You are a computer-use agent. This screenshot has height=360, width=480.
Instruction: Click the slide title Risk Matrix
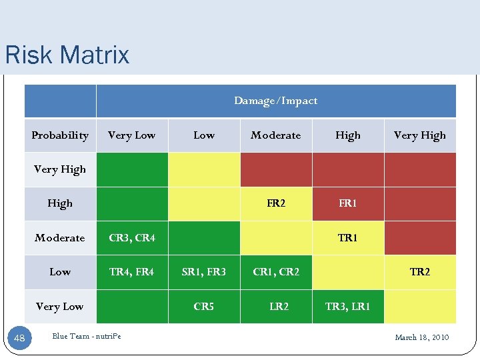67,55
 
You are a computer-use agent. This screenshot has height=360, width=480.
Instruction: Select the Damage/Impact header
275,101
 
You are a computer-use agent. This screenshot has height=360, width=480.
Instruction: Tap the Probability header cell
60,135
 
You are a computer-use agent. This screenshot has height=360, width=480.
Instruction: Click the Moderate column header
275,135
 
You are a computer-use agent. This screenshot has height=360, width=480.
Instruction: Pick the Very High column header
419,135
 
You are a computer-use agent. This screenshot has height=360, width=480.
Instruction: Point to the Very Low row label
60,307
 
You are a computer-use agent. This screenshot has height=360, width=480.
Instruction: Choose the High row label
60,203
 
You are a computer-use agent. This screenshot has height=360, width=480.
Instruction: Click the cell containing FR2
275,203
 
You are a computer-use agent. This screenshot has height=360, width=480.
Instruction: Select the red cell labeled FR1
347,203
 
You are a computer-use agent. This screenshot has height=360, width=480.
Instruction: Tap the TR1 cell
347,238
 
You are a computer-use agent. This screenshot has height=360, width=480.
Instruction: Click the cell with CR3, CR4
131,238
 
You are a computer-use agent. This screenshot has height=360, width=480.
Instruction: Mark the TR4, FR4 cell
131,272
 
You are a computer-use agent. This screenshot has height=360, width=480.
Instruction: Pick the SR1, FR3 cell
203,272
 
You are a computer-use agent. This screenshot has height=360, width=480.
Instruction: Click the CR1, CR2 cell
275,272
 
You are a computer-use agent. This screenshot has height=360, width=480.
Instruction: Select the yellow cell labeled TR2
419,272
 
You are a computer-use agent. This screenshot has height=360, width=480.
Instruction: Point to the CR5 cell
203,307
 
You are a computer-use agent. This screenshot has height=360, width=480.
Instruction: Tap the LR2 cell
279,307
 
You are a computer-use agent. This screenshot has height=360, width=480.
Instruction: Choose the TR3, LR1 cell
347,307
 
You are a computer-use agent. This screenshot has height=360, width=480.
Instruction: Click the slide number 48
19,338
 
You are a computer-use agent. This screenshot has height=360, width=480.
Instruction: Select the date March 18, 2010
421,337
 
